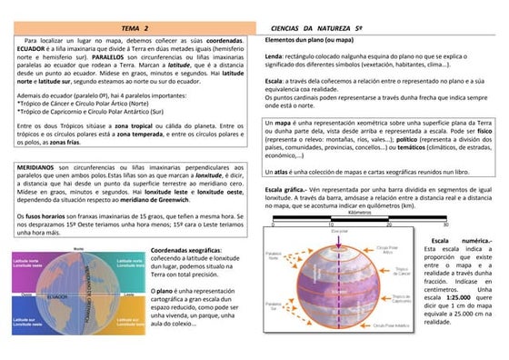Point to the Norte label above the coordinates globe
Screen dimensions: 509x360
pyautogui.click(x=78, y=247)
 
